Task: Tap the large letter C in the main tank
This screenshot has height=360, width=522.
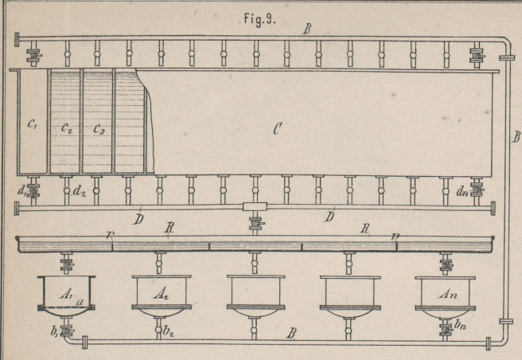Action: tap(276, 129)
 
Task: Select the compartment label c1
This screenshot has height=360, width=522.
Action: tap(33, 124)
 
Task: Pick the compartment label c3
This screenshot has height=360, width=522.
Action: tap(98, 128)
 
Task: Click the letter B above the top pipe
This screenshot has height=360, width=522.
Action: tap(306, 29)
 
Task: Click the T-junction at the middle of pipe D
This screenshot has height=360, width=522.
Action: tap(255, 208)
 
